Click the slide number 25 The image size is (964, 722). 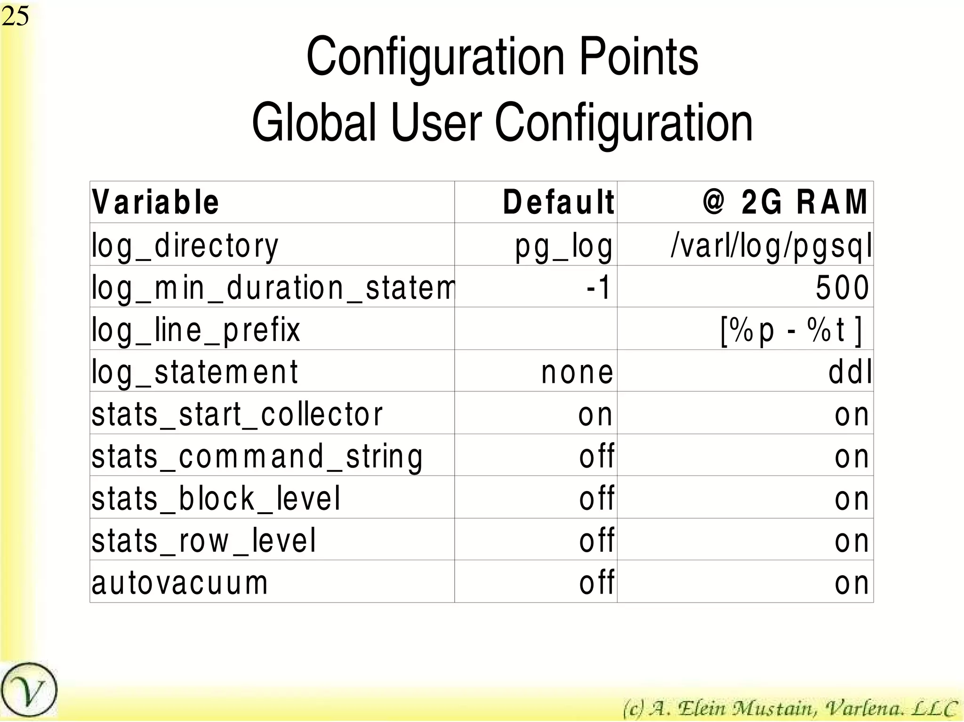pyautogui.click(x=15, y=16)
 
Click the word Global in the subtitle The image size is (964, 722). pyautogui.click(x=313, y=123)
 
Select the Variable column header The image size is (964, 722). pyautogui.click(x=155, y=202)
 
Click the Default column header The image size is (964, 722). pyautogui.click(x=558, y=202)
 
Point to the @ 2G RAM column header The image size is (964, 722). pyautogui.click(x=785, y=202)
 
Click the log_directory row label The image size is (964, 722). pyautogui.click(x=185, y=246)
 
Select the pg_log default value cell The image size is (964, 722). pyautogui.click(x=564, y=246)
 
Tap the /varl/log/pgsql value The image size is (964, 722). pyautogui.click(x=771, y=246)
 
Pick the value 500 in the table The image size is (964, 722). pyautogui.click(x=842, y=287)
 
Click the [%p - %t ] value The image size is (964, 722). pyautogui.click(x=791, y=330)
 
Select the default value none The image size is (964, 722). pyautogui.click(x=577, y=372)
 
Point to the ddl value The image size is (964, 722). pyautogui.click(x=850, y=372)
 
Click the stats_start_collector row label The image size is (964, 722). pyautogui.click(x=237, y=414)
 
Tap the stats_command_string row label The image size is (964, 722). pyautogui.click(x=257, y=456)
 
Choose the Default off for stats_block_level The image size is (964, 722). pyautogui.click(x=596, y=498)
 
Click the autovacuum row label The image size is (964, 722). pyautogui.click(x=180, y=582)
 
